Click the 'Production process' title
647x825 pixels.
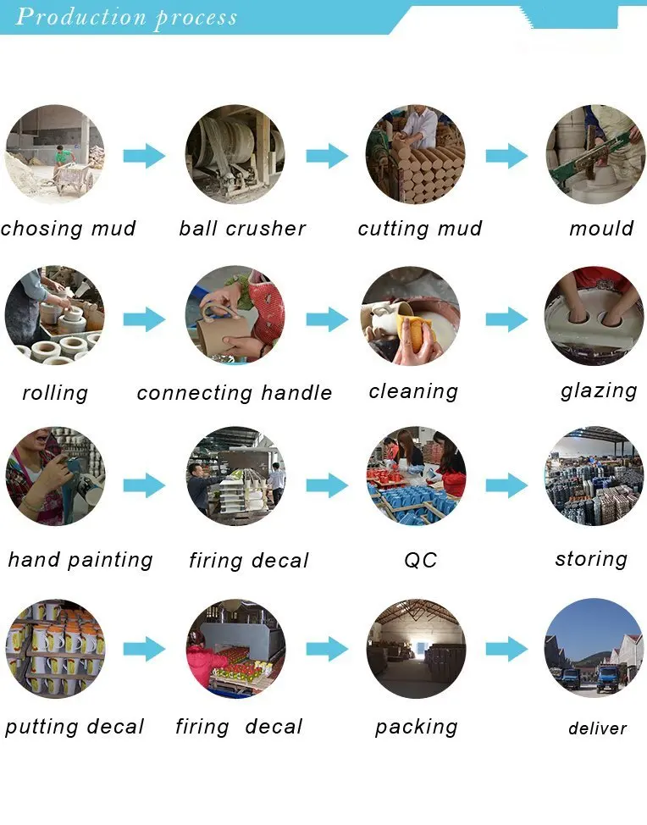click(126, 17)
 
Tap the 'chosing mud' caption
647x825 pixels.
click(68, 229)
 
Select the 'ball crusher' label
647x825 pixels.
click(242, 229)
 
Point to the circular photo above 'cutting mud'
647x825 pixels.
click(415, 154)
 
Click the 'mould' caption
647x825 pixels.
click(601, 229)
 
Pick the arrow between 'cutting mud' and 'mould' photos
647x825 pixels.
click(506, 156)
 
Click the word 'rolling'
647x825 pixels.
click(55, 393)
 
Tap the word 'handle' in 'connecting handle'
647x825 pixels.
click(296, 393)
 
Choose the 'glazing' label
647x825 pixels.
click(599, 391)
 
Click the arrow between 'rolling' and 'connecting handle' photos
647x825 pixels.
click(144, 319)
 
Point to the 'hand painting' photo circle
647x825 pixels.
click(55, 476)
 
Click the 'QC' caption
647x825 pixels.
click(420, 561)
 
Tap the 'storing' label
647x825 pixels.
click(591, 559)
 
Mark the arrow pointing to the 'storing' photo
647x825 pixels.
click(506, 485)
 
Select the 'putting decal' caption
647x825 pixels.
click(75, 727)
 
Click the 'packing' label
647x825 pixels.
click(416, 727)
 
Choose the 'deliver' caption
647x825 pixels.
click(597, 728)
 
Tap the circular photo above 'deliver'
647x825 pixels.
click(594, 648)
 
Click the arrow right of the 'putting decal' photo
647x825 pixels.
click(144, 650)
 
